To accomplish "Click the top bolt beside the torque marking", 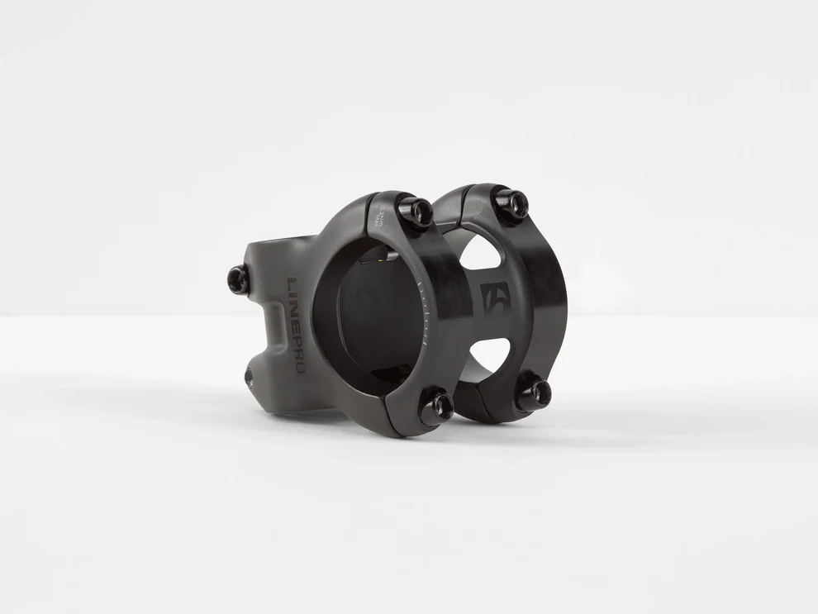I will pos(416,212).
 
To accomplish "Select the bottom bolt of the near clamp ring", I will pos(436,407).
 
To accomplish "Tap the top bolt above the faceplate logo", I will pos(511,202).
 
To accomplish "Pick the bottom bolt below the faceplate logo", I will pos(533,394).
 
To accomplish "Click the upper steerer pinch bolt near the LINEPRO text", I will pos(238,280).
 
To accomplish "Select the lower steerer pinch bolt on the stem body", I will pos(250,378).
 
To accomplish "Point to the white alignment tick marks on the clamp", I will pos(423,314).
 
